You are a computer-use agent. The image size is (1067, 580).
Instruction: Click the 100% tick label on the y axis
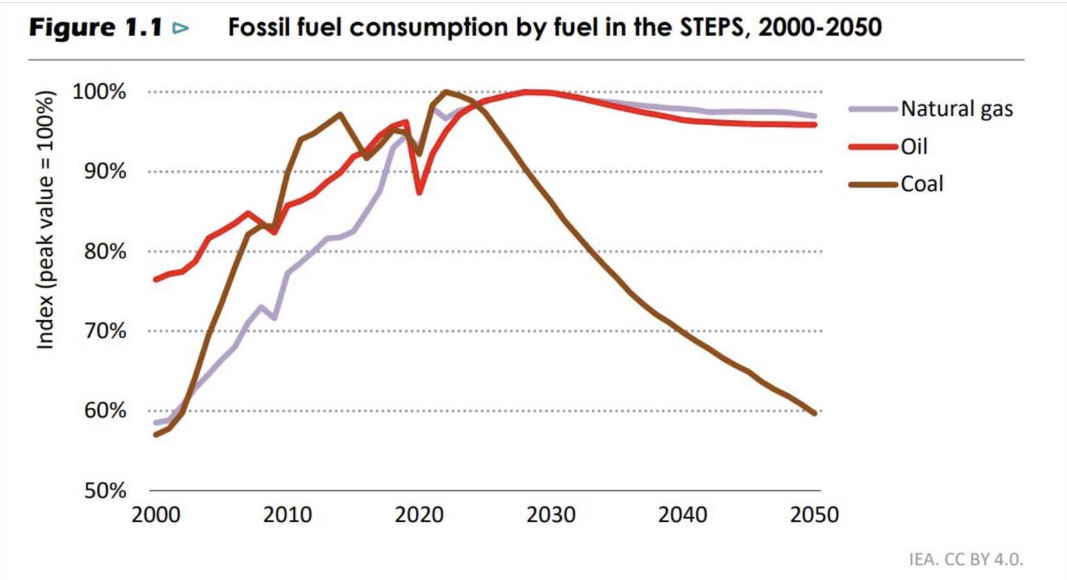click(99, 92)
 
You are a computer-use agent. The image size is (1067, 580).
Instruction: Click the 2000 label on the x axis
click(156, 515)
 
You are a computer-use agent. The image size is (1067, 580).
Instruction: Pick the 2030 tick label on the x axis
click(551, 515)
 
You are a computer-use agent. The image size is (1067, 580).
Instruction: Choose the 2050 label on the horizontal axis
click(814, 515)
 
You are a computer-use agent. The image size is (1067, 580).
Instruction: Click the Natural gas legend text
click(957, 109)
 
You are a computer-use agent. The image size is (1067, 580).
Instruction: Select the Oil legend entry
click(914, 147)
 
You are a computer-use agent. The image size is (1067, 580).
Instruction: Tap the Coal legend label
click(922, 184)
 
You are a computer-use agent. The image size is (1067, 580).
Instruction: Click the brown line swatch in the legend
click(873, 185)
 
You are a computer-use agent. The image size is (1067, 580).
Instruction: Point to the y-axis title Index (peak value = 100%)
click(45, 220)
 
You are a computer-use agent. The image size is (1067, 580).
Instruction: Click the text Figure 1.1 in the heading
click(95, 28)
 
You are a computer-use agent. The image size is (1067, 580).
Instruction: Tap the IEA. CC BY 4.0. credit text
click(966, 559)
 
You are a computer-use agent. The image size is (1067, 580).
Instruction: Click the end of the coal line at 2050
click(814, 413)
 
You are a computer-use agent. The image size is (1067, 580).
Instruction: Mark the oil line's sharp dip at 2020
click(420, 192)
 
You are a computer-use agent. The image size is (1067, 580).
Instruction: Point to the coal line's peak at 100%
click(445, 91)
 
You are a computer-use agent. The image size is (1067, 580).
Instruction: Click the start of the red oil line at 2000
click(156, 279)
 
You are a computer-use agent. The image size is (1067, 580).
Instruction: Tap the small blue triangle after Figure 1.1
click(181, 28)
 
